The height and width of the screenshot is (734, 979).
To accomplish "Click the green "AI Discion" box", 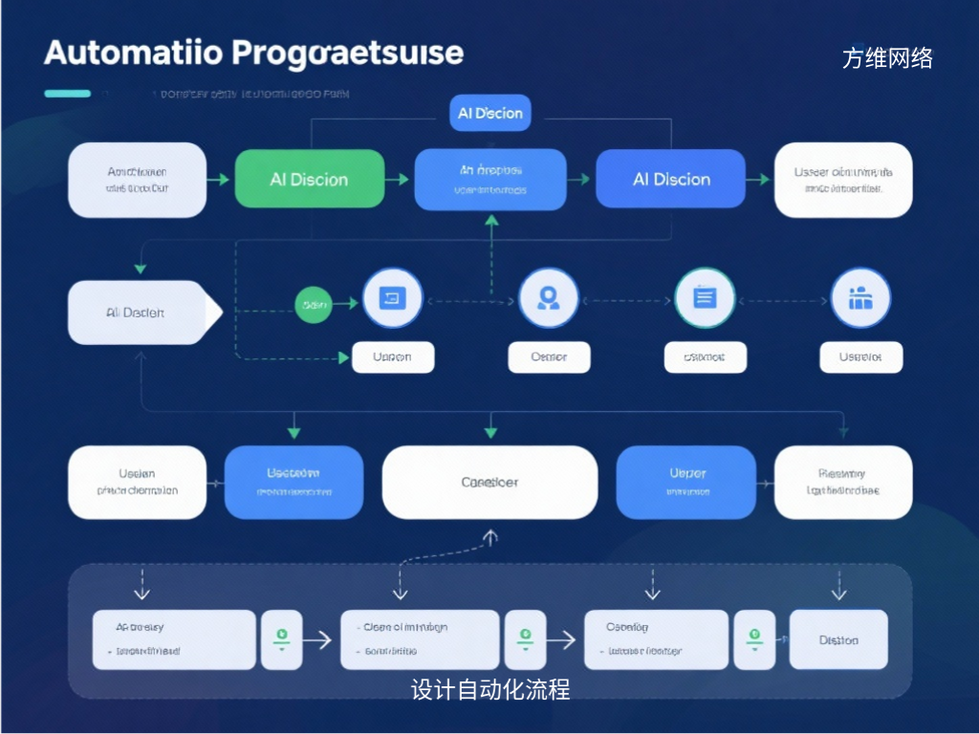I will tap(309, 180).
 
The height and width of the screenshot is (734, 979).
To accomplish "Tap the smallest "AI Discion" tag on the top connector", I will tap(490, 113).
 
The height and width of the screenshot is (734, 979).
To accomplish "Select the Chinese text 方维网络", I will tap(887, 58).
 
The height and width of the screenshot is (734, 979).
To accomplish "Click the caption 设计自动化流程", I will tap(490, 689).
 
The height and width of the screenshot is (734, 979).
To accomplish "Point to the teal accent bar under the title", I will tap(67, 94).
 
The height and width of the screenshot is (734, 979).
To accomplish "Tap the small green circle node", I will tap(314, 304).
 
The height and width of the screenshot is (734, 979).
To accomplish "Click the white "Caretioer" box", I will tap(489, 483).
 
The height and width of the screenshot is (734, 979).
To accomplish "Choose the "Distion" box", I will tap(838, 640).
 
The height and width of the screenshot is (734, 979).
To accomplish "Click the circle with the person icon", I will tap(548, 298).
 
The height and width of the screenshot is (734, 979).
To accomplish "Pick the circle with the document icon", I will tap(705, 298).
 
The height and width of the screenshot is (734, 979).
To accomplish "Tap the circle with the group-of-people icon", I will tap(860, 298).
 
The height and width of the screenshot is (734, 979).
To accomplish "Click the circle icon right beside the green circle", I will tap(392, 298).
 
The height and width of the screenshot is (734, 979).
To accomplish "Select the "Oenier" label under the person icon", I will tap(549, 357).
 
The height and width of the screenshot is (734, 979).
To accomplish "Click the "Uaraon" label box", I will tap(393, 357).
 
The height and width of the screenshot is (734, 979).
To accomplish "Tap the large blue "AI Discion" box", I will tap(670, 180).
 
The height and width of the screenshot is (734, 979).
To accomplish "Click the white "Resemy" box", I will tap(842, 483).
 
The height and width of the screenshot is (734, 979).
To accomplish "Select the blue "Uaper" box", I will tap(686, 483).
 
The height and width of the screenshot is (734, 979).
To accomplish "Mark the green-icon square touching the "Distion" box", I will tap(754, 640).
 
